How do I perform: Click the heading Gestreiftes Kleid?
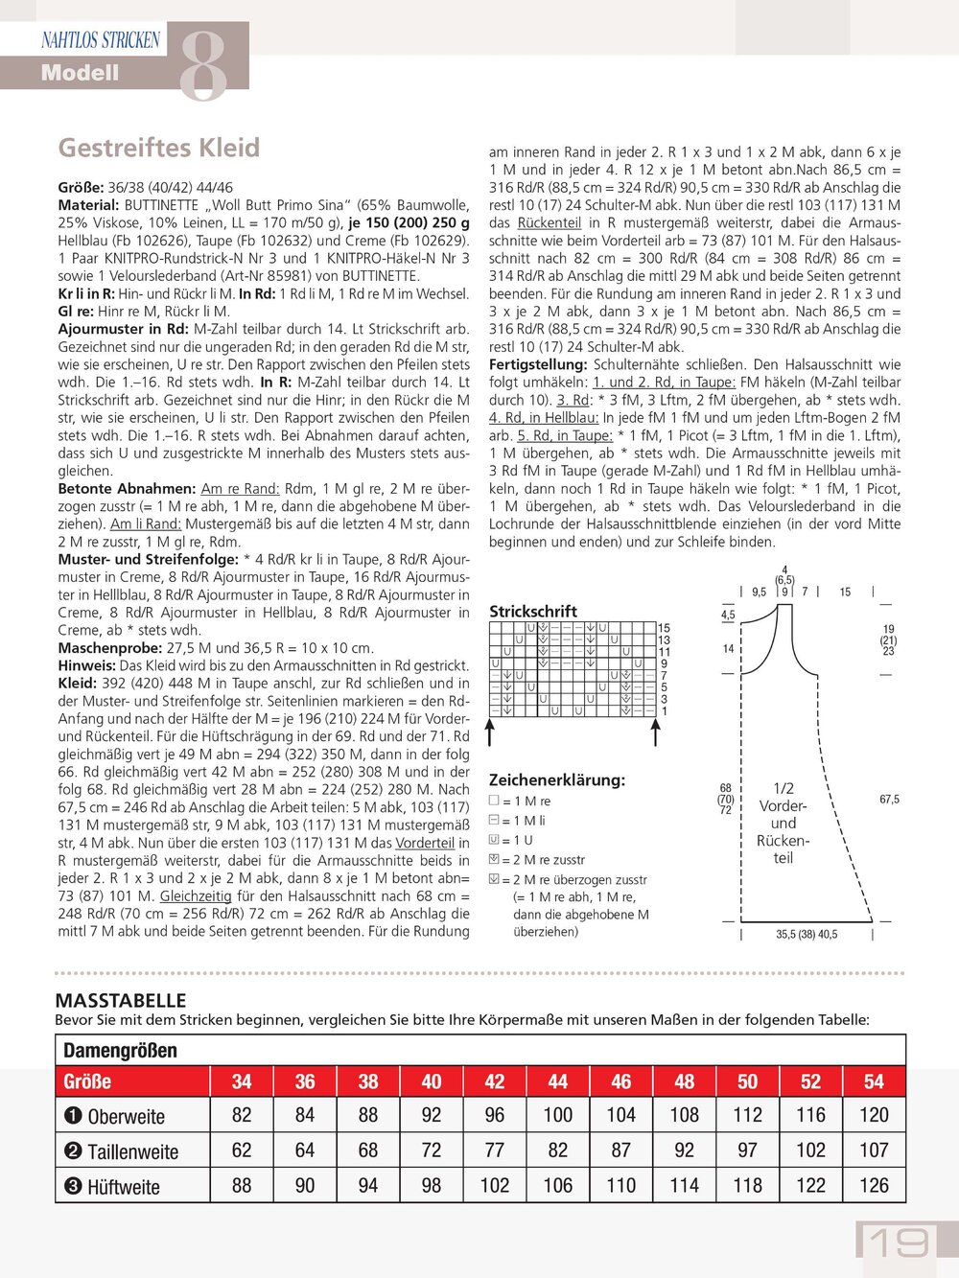click(x=159, y=148)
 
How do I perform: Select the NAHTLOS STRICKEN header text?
click(x=101, y=40)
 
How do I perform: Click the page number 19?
click(x=899, y=1243)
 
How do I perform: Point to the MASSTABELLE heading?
click(x=121, y=1000)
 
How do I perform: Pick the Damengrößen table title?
click(x=120, y=1051)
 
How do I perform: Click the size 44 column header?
click(x=557, y=1081)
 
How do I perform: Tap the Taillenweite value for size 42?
click(x=494, y=1150)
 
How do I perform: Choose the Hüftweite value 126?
click(x=874, y=1186)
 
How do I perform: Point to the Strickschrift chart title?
click(x=533, y=612)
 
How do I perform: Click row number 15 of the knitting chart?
click(x=664, y=628)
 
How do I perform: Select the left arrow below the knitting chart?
click(x=490, y=732)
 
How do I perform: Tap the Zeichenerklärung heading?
click(x=556, y=780)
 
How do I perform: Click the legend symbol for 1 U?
click(x=494, y=840)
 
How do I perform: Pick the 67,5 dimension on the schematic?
click(x=889, y=800)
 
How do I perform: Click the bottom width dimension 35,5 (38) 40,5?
click(x=807, y=934)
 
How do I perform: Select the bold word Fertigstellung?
click(x=538, y=364)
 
